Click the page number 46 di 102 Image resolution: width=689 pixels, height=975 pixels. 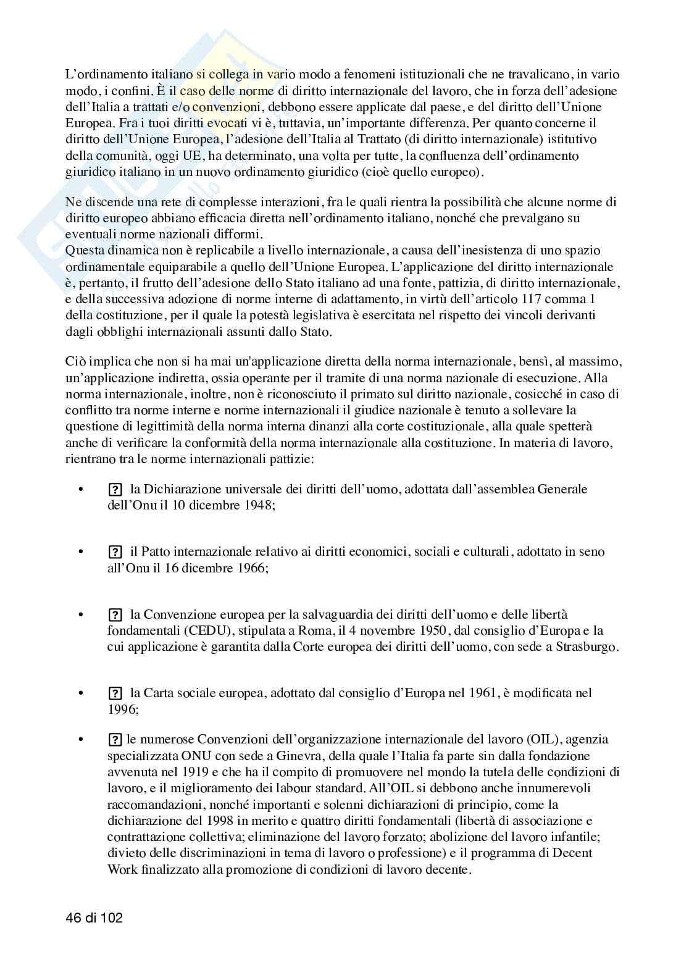pyautogui.click(x=94, y=918)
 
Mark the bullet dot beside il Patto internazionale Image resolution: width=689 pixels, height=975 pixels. pyautogui.click(x=80, y=552)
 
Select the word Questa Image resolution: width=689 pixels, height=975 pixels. pyautogui.click(x=85, y=251)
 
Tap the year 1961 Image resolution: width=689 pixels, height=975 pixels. pyautogui.click(x=480, y=693)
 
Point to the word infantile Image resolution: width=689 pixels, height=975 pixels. pyautogui.click(x=574, y=837)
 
